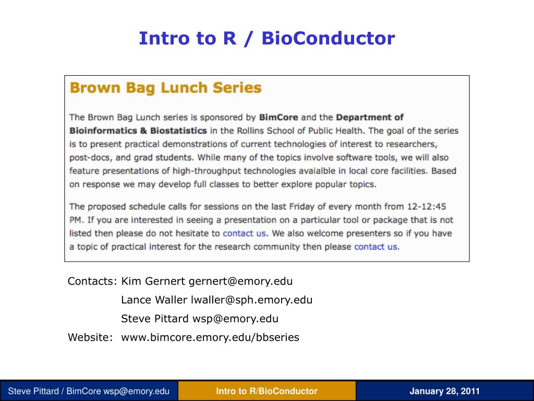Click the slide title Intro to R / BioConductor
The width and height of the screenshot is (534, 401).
(x=266, y=38)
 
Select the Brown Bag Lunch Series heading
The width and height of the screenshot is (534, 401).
(x=165, y=87)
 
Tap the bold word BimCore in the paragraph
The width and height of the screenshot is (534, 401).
(x=278, y=117)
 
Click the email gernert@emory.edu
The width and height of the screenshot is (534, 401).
(x=240, y=281)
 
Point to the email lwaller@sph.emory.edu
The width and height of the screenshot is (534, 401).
(x=252, y=300)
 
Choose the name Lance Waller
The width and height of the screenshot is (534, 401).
(x=154, y=300)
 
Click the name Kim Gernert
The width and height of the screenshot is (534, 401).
(x=153, y=281)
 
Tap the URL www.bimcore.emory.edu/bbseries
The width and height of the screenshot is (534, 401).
(x=210, y=338)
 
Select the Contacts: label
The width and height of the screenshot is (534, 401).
(x=92, y=281)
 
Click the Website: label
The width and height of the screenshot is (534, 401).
(x=90, y=338)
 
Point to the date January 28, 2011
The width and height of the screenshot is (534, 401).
(x=444, y=391)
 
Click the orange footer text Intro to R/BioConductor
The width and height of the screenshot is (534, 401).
(x=266, y=391)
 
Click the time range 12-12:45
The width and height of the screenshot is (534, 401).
(x=427, y=207)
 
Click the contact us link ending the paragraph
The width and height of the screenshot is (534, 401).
(x=375, y=247)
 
